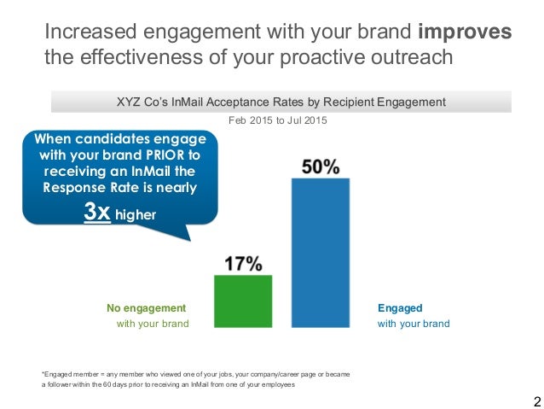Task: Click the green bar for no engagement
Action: click(x=243, y=301)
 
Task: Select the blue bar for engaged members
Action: click(x=321, y=253)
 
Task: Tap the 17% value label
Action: click(x=243, y=264)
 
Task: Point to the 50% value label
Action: click(x=321, y=167)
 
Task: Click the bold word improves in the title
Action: click(x=465, y=32)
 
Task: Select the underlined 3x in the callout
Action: click(x=97, y=213)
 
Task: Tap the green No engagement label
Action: click(x=146, y=307)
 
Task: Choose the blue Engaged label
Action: click(x=400, y=307)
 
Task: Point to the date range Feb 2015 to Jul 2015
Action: click(x=273, y=120)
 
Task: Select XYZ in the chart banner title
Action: click(x=129, y=102)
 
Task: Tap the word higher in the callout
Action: click(x=136, y=215)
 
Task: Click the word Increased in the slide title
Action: click(x=95, y=32)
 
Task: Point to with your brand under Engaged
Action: click(x=414, y=324)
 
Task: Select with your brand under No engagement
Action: click(x=153, y=324)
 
